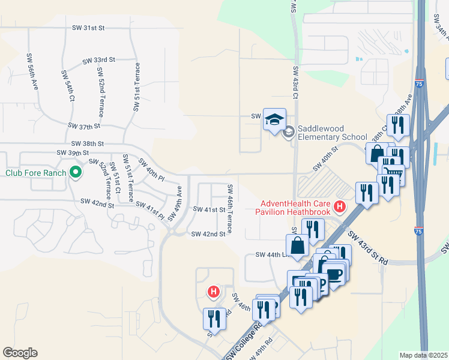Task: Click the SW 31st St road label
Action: coord(88,28)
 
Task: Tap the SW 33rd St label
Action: coord(99,61)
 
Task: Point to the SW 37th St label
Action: coord(84,127)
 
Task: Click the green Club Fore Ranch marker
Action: coord(75,173)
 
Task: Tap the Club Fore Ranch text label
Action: coord(35,173)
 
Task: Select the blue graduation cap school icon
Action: coord(274,119)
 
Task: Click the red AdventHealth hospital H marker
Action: coord(340,208)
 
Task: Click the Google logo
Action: coord(20,353)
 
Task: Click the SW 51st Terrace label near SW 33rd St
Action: coord(137,86)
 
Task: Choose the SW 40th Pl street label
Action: coord(151,170)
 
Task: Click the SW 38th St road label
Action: coord(88,144)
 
